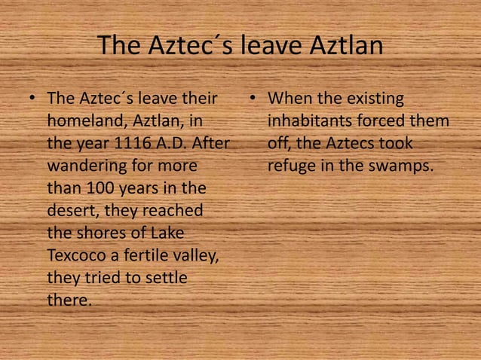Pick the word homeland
[x=80, y=121]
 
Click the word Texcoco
[x=78, y=255]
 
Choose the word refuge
[x=291, y=164]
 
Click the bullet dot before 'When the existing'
[x=253, y=99]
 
